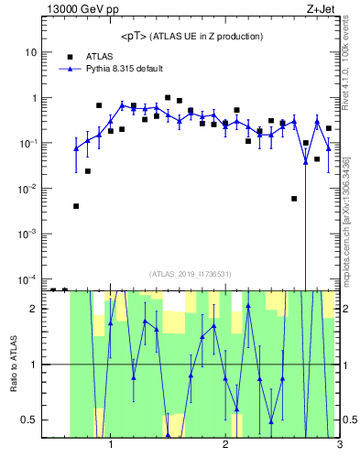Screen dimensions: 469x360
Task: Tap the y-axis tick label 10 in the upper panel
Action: [x=30, y=52]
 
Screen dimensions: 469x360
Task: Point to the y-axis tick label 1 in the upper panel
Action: [x=33, y=98]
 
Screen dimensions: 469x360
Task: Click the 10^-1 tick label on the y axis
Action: [x=28, y=144]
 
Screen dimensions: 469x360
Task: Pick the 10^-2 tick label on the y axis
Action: [x=28, y=189]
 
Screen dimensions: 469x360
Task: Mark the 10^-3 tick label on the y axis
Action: [x=28, y=234]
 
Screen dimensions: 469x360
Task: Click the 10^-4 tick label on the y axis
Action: [x=28, y=279]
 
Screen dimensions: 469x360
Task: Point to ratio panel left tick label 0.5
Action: [x=29, y=420]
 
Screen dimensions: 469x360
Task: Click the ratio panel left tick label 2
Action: [x=33, y=309]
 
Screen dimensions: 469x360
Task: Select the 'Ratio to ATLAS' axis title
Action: [x=13, y=364]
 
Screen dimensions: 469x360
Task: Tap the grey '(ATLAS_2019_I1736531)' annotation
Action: [x=190, y=273]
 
